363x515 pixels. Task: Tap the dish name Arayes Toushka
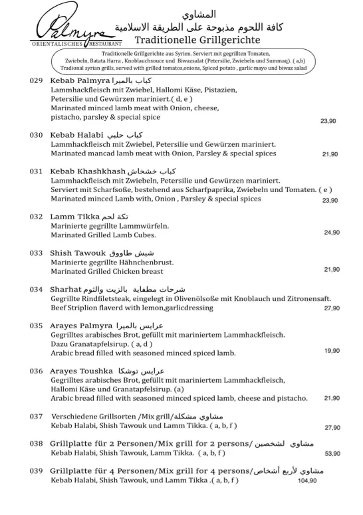pyautogui.click(x=81, y=370)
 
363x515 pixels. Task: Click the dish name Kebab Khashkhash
pyautogui.click(x=88, y=171)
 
